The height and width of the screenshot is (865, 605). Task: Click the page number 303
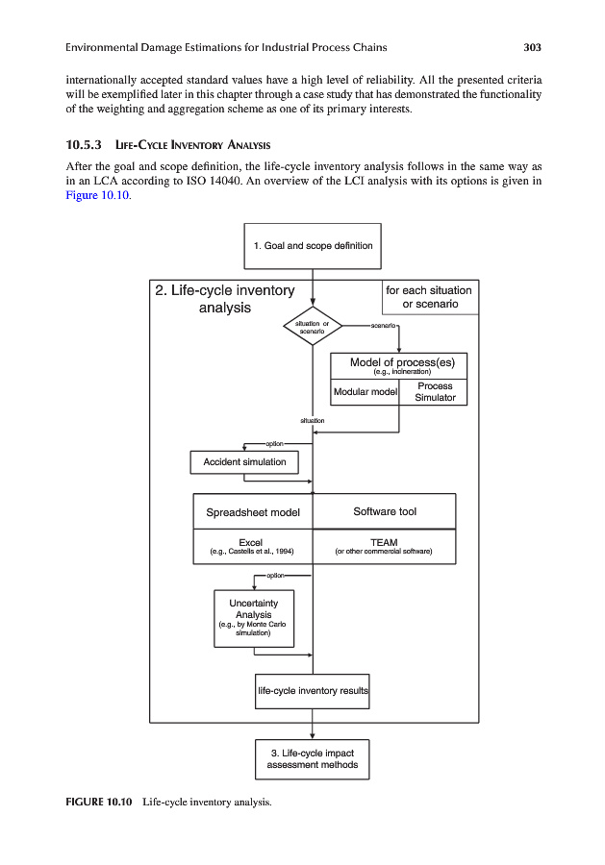533,47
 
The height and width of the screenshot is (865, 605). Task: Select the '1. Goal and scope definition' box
313,246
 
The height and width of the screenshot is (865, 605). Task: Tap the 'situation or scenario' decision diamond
314,327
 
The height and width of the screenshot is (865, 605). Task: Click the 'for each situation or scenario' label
429,297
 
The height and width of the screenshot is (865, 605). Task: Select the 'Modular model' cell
365,391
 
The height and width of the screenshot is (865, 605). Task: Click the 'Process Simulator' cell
434,391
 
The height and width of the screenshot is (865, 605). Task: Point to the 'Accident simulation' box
244,462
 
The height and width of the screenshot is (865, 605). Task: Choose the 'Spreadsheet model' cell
253,512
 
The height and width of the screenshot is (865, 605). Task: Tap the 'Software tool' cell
385,511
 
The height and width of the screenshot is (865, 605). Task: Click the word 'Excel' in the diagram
251,542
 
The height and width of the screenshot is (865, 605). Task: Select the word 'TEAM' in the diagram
384,542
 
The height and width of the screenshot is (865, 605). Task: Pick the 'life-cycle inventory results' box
313,690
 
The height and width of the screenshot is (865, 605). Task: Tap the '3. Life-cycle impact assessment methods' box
313,758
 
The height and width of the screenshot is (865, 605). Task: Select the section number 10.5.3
84,146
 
